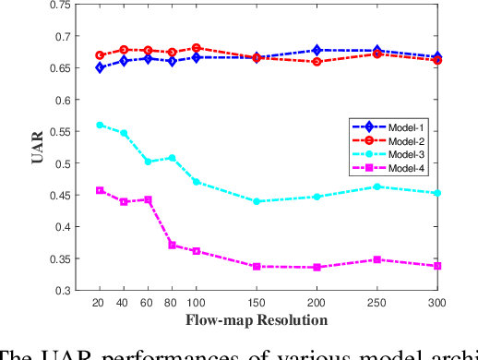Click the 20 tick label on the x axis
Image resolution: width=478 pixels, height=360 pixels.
click(100, 303)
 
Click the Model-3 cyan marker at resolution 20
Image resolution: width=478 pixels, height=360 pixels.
click(100, 125)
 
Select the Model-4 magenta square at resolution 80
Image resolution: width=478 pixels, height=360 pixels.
click(172, 245)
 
